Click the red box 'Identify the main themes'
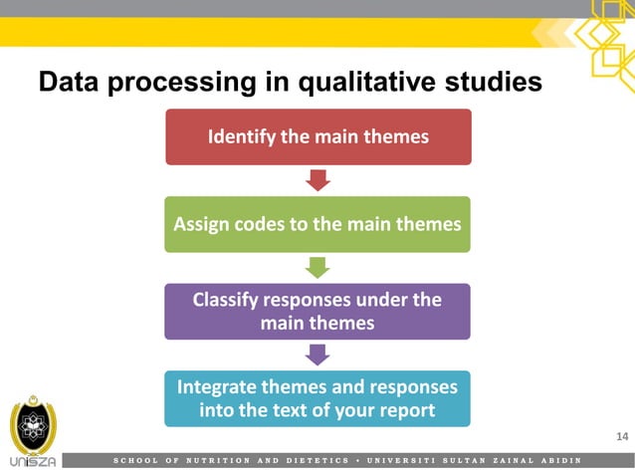pos(317,136)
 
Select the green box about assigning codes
pos(317,224)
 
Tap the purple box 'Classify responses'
pos(317,311)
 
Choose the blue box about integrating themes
pos(317,398)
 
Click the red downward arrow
pos(317,180)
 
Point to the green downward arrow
pos(317,267)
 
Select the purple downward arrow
pos(317,355)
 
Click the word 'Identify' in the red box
pos(241,136)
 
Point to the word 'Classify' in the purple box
pos(228,299)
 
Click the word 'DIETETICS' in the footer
pos(317,460)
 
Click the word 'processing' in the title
pos(198,82)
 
